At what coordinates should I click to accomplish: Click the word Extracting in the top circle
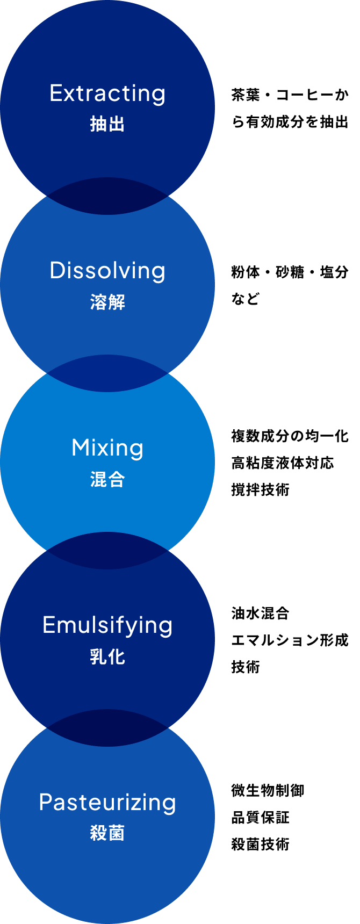coord(107,93)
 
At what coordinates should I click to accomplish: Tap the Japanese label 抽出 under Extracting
coord(107,124)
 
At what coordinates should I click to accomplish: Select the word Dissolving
coord(107,271)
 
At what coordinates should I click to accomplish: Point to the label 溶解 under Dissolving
coord(107,302)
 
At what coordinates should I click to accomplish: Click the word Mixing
coord(107,448)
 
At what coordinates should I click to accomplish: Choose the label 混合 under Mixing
coord(107,479)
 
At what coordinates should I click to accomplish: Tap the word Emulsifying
coord(107,625)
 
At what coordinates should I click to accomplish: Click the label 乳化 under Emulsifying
coord(107,656)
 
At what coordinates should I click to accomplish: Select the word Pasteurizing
coord(107,803)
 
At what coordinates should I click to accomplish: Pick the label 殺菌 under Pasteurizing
coord(107,833)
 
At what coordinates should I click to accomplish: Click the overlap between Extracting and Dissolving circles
coord(107,196)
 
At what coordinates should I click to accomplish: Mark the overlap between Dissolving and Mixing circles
coord(107,373)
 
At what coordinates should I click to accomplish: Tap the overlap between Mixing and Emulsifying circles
coord(107,551)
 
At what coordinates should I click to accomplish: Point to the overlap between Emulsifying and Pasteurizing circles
coord(107,728)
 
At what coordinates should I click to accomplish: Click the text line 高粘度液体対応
coord(283,463)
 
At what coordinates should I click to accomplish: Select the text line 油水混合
coord(261,613)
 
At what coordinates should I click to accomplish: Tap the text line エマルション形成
coord(290,640)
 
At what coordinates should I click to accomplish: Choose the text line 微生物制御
coord(268,791)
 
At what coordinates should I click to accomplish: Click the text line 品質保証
coord(261,818)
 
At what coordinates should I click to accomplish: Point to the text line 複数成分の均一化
coord(290,436)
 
